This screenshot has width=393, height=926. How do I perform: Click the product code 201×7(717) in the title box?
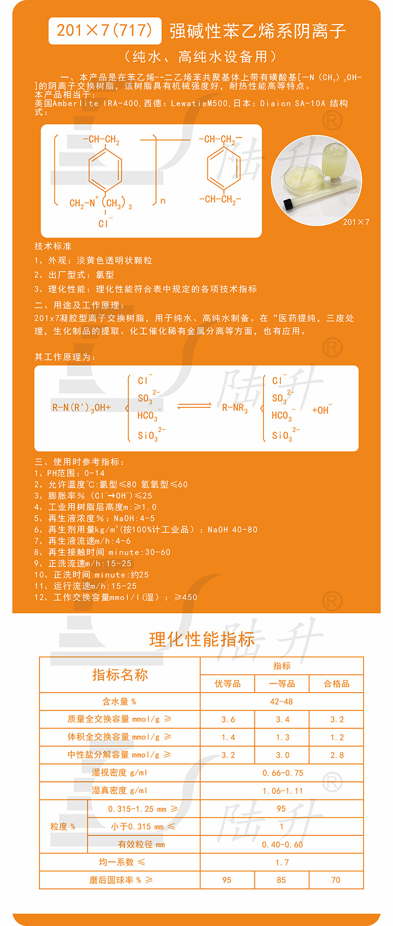coord(105,30)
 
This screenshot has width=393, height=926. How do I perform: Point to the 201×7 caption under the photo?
coord(356,222)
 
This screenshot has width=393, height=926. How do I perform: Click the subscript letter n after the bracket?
coord(163,201)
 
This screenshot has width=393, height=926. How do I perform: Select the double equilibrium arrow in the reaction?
coord(194,406)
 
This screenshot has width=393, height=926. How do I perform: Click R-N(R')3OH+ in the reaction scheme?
coord(82,408)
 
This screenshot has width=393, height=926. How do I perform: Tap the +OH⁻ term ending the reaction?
coord(322,410)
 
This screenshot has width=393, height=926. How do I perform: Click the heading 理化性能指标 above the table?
coord(201,639)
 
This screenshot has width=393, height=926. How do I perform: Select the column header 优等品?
coord(227,684)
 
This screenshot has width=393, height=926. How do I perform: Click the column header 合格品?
coord(337,684)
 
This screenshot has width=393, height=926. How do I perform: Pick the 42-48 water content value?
coord(281,702)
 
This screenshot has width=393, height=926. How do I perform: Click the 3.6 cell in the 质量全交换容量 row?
coord(228,719)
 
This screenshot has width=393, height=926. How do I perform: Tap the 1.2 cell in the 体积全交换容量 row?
coord(337,737)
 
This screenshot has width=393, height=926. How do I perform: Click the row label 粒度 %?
coord(63,826)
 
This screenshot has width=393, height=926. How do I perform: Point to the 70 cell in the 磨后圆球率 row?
coord(336,880)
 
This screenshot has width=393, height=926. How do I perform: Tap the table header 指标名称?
coord(120,675)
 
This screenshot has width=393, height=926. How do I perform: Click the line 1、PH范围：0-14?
coord(70,473)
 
